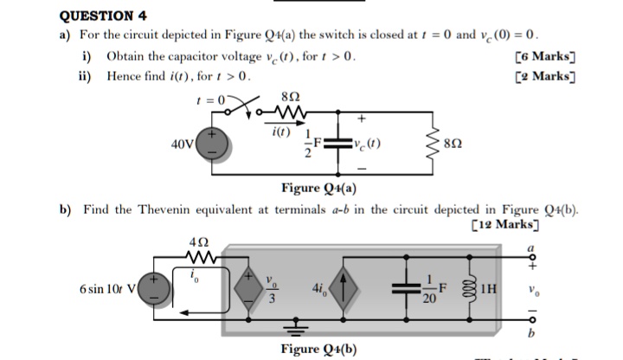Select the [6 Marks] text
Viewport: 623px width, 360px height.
pyautogui.click(x=544, y=57)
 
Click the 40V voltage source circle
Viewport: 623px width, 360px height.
pyautogui.click(x=214, y=143)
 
